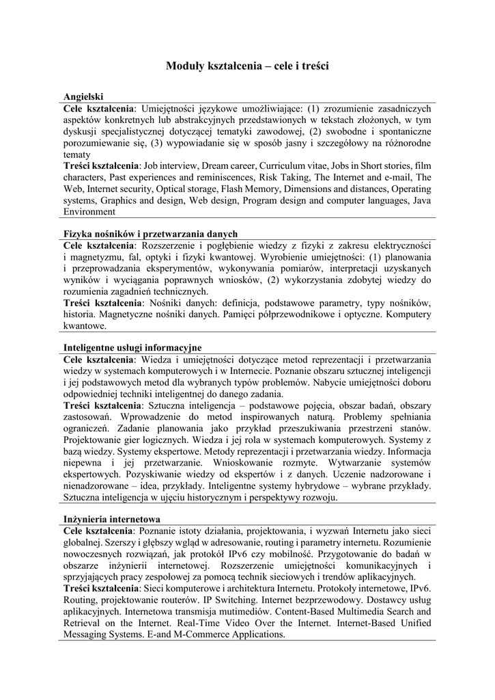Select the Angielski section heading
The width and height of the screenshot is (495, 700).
[x=83, y=97]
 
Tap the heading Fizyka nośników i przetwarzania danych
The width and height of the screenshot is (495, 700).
[x=150, y=234]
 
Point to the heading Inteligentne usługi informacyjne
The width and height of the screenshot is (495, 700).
[x=132, y=348]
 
